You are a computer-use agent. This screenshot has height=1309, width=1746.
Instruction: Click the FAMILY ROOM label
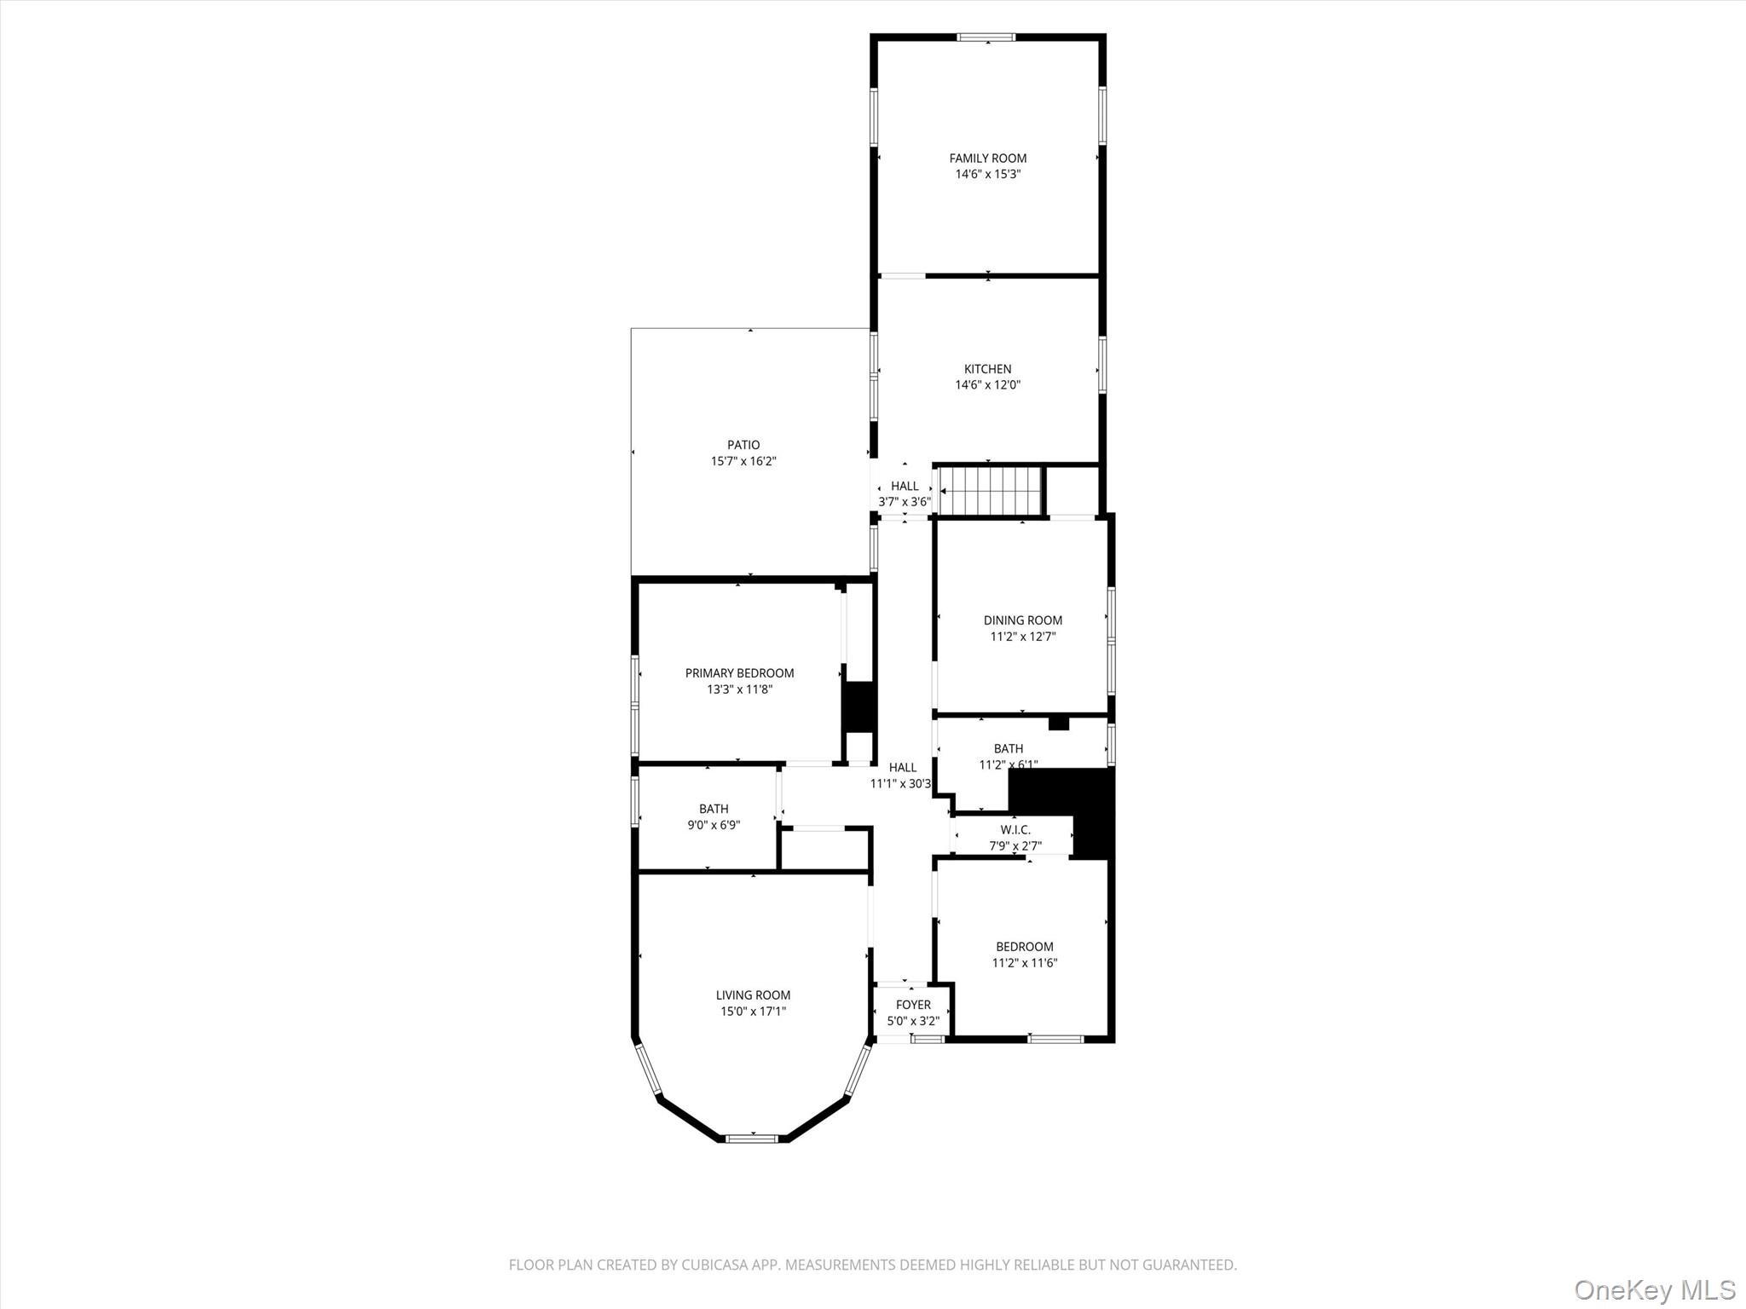[988, 159]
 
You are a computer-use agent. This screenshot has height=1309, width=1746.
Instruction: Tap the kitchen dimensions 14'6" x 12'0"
[987, 385]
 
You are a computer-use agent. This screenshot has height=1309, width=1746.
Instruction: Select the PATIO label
[743, 445]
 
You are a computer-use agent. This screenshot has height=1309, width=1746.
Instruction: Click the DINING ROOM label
[1022, 620]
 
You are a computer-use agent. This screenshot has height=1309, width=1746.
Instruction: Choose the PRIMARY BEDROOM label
[739, 673]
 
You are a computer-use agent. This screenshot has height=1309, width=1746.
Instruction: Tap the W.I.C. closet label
[1015, 830]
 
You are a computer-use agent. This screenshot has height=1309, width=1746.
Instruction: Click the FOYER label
[913, 1005]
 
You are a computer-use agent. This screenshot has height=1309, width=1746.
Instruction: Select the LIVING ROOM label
[753, 995]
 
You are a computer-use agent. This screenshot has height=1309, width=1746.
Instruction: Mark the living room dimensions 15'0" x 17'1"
[753, 1012]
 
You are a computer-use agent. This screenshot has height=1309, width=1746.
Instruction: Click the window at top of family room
[986, 37]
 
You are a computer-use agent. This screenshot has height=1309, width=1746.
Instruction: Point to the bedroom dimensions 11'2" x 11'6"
[1025, 963]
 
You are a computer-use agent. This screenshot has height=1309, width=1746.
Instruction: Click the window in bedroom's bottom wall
[1055, 1038]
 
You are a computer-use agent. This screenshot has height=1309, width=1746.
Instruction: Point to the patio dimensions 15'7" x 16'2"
[743, 461]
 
